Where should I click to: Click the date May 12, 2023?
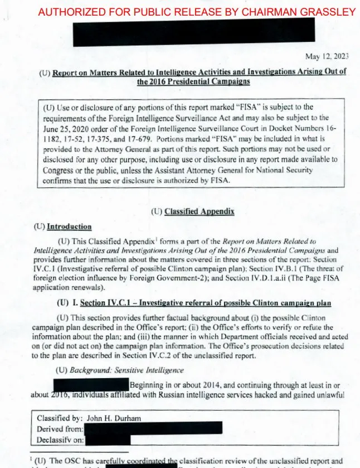[x=327, y=56]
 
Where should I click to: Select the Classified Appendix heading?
[x=199, y=212]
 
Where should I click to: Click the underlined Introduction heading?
[x=69, y=226]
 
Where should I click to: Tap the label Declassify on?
[x=60, y=440]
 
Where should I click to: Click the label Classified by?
[x=59, y=418]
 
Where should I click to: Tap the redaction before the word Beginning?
[x=91, y=385]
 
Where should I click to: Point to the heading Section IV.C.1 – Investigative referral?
[x=206, y=303]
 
